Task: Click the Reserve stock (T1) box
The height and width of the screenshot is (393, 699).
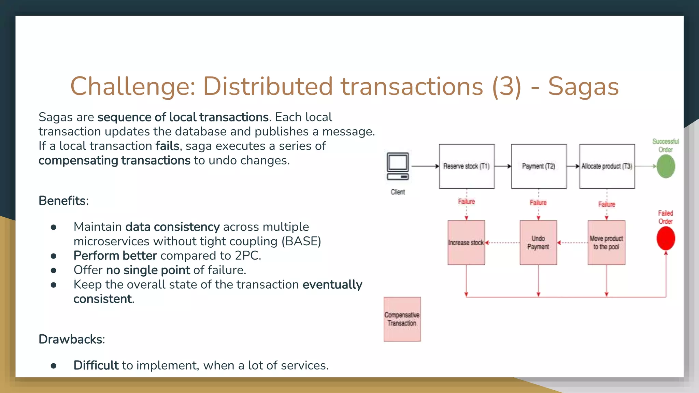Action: coord(467,166)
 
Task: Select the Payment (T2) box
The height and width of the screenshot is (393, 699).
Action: coord(539,166)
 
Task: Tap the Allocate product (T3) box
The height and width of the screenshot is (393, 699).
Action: coord(607,166)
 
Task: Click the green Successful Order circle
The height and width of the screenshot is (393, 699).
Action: coord(666,166)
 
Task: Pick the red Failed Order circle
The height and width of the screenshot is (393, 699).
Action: coord(666,238)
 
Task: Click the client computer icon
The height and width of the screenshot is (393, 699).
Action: coord(398,166)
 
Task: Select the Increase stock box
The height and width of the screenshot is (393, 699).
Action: coord(466,243)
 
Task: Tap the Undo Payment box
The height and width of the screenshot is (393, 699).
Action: coord(538,243)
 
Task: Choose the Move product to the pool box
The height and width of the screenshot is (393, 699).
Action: coord(606,243)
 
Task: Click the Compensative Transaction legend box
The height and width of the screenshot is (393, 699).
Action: coord(402,319)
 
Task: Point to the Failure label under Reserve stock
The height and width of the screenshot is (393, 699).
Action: coord(466,202)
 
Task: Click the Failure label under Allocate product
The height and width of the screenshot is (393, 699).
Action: coord(607,204)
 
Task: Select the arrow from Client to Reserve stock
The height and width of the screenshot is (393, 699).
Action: coord(425,166)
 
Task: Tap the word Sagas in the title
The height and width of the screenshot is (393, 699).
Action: coord(583,86)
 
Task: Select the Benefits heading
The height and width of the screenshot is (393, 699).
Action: coord(63,201)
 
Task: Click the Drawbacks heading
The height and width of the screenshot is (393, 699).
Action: coord(71,339)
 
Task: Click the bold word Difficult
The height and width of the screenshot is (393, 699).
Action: coord(96,365)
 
